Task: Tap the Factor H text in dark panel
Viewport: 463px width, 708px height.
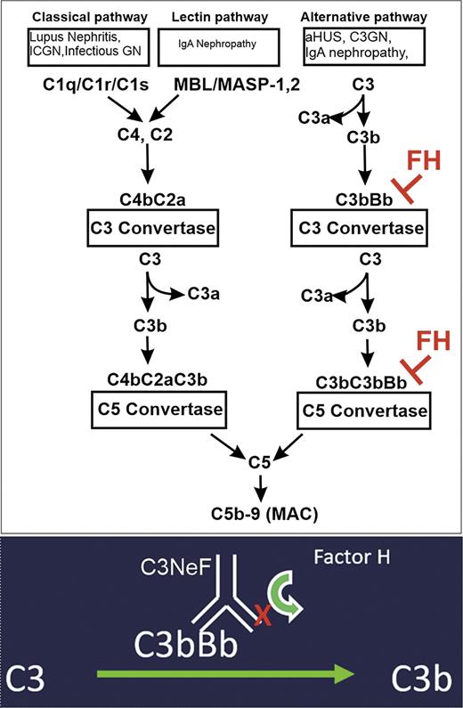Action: pos(366,564)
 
